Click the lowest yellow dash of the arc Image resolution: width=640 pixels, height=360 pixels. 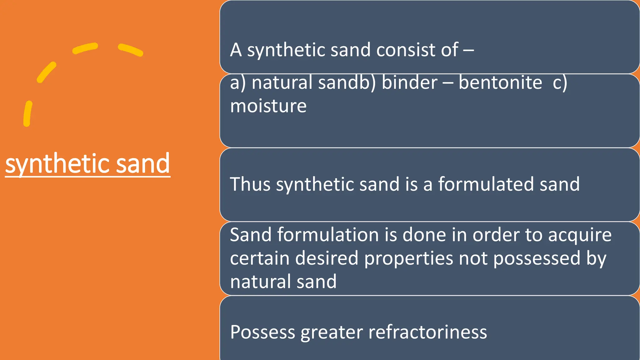tap(28, 113)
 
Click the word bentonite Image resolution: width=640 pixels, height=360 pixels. tap(500, 83)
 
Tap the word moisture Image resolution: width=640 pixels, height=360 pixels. tap(268, 106)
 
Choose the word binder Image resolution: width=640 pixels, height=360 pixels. tap(410, 83)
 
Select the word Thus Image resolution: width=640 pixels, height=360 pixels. tap(250, 184)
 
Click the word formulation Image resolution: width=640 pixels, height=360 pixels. tap(328, 235)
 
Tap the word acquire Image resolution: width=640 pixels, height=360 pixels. tap(580, 235)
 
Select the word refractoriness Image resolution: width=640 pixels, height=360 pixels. tap(427, 332)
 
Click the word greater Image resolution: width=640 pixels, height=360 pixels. tap(332, 332)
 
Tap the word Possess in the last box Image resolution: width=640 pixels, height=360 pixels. tap(262, 332)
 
